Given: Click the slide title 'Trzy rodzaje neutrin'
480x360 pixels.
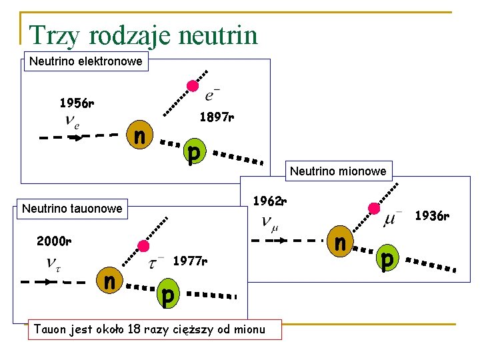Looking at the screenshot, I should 143,35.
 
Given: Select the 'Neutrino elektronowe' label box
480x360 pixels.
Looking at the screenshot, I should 86,61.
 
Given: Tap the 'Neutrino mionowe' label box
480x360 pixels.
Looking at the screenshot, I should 337,171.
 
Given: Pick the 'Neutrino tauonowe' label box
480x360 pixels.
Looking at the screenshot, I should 72,209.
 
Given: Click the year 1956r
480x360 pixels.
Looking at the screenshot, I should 77,103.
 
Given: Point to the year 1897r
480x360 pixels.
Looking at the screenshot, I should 217,118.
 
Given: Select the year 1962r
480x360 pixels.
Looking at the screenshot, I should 270,200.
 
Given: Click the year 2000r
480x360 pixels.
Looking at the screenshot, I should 54,241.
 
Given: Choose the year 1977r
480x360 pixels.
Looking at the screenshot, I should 190,261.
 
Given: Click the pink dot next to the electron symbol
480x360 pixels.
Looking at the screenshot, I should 192,85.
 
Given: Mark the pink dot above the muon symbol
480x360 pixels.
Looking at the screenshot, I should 374,208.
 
